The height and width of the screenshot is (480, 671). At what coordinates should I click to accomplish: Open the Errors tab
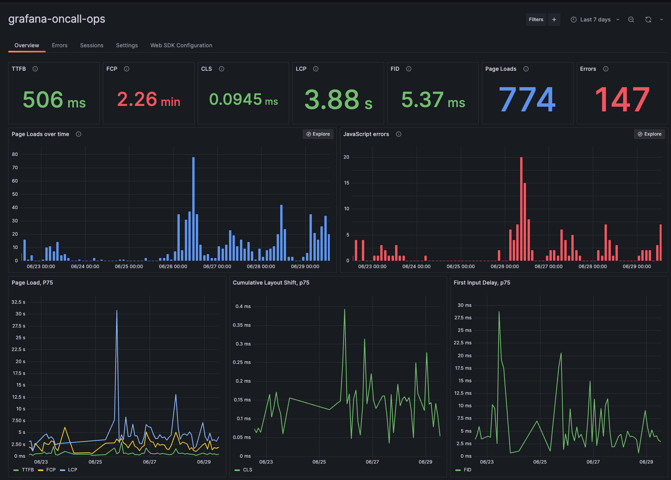point(59,45)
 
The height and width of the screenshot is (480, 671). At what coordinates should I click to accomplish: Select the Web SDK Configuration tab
point(181,45)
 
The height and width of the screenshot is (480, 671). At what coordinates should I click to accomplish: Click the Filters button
point(536,20)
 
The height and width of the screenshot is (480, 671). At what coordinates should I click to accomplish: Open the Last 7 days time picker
point(595,20)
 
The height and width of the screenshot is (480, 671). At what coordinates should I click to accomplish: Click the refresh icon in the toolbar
point(648,20)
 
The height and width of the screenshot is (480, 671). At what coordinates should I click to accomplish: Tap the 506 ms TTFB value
point(54,100)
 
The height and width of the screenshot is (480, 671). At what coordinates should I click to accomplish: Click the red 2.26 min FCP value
point(149,100)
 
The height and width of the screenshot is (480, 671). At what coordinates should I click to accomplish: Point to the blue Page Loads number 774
point(527,100)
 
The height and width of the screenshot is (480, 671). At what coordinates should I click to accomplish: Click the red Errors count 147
point(622,100)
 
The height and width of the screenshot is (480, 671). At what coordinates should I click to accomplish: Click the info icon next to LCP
point(316,69)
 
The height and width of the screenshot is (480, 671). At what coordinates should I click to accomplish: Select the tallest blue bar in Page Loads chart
point(193,207)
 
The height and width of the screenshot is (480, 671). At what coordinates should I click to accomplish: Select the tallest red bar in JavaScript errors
point(521,207)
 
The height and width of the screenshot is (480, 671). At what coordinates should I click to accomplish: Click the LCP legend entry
point(72,470)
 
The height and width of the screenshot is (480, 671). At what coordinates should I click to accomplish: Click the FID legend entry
point(467,470)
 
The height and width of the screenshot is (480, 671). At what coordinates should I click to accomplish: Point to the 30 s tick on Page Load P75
point(20,314)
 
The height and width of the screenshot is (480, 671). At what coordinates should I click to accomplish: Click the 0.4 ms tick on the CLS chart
point(243,306)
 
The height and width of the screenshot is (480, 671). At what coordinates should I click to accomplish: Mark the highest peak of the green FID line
point(499,312)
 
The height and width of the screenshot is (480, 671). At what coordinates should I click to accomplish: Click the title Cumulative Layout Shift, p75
point(271,283)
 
